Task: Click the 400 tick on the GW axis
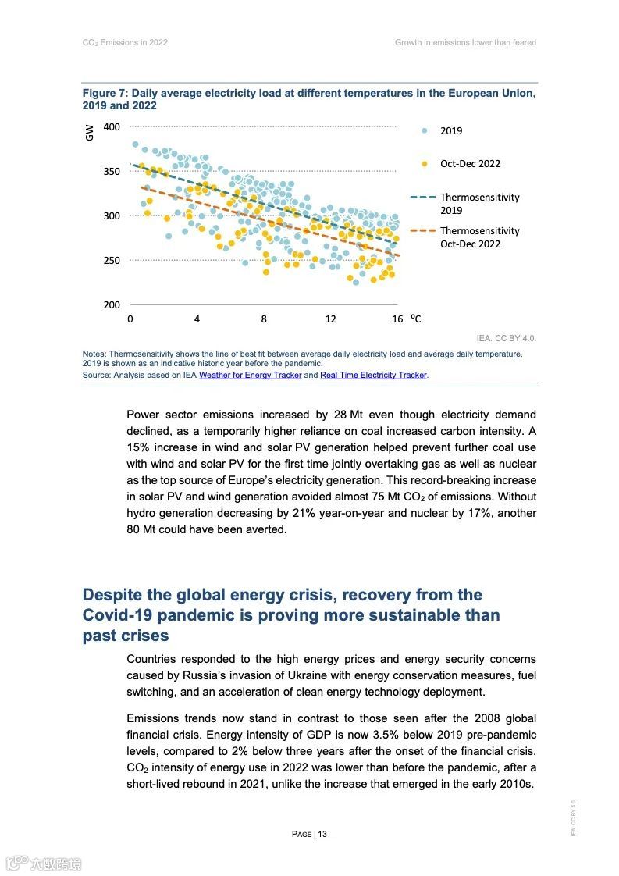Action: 112,127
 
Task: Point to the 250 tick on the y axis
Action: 112,261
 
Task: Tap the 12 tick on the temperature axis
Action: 330,319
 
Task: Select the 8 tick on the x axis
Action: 264,319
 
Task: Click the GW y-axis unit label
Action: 89,134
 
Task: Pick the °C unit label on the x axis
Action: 416,319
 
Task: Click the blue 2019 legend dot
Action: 425,131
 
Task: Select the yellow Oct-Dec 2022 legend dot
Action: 425,164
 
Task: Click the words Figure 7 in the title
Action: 105,94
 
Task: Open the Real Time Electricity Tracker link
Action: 373,376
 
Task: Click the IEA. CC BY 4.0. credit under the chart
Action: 506,339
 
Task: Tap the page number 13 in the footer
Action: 322,834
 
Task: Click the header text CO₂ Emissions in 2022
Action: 125,42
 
